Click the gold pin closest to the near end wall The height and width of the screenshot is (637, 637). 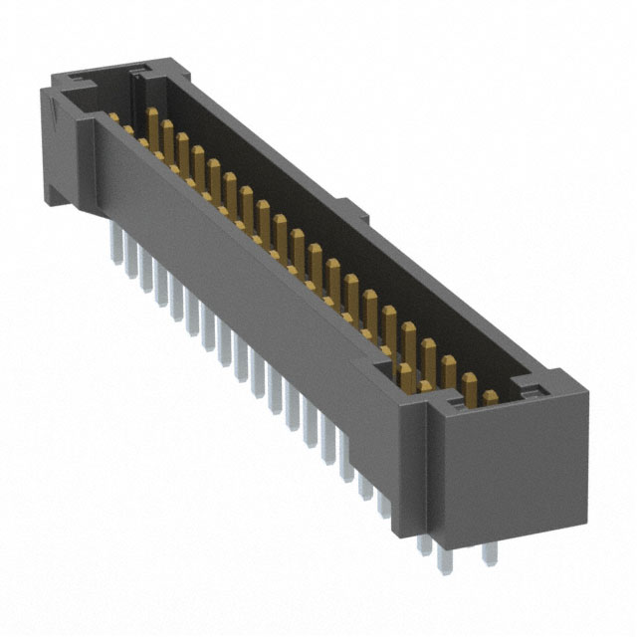(489, 397)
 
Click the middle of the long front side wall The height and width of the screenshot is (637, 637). (269, 299)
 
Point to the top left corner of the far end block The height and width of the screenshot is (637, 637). (42, 84)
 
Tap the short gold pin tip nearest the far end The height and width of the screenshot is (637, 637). (114, 118)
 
